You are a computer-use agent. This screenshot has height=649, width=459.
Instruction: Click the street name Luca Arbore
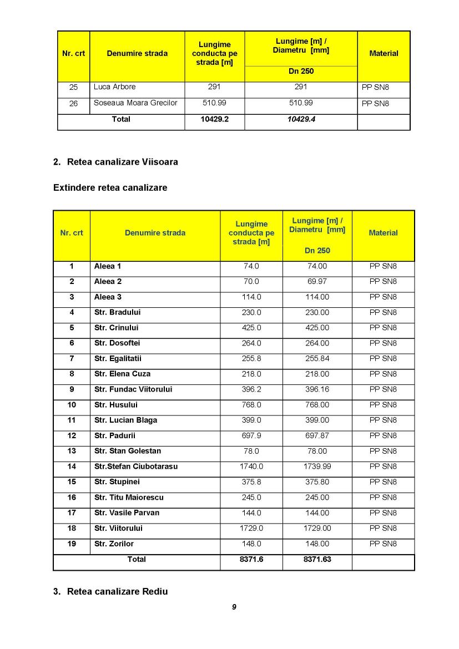coord(115,87)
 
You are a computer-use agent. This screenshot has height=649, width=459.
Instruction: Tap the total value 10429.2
coord(214,119)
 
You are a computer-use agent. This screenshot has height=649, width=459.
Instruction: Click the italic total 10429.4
coord(301,119)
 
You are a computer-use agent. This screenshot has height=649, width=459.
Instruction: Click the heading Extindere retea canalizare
coord(110,187)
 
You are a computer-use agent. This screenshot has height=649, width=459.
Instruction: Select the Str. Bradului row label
coord(117,312)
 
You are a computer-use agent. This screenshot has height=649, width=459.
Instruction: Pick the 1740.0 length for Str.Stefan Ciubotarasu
coord(251,467)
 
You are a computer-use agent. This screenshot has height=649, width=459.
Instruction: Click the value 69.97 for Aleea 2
coord(317,282)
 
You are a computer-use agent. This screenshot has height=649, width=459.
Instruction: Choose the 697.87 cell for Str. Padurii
coord(317,436)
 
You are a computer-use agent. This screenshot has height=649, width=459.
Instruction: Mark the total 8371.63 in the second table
coord(317,559)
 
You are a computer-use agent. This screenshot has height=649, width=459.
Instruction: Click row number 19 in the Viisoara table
coord(72,544)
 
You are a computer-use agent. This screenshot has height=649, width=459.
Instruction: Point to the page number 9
coord(234,607)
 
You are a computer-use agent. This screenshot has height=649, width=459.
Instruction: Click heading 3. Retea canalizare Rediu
coord(110,591)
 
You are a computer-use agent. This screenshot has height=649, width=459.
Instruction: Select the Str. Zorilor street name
coord(114,544)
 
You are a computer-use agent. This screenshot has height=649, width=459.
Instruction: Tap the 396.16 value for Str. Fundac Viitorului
coord(317,389)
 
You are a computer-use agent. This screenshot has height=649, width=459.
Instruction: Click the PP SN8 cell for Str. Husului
coord(383,405)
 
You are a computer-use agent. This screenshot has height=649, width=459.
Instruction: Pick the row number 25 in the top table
coord(73,88)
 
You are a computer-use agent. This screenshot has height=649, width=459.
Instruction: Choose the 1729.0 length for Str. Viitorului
coord(251,529)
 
